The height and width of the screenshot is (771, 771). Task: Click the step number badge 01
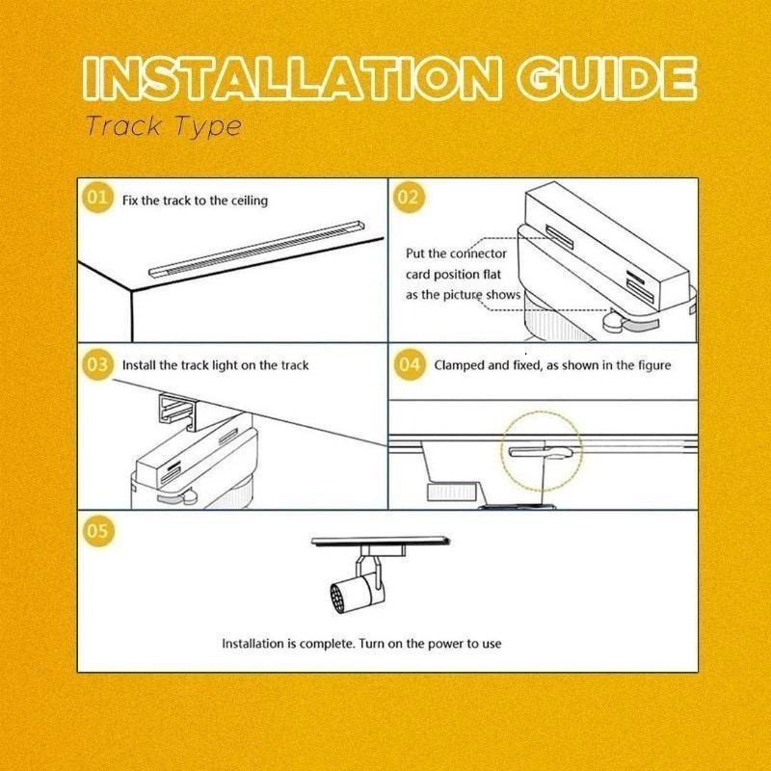point(97,198)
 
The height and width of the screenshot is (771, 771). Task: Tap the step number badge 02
point(409,198)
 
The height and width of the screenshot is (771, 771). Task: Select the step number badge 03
point(97,364)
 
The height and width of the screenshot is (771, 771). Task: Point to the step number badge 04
point(409,364)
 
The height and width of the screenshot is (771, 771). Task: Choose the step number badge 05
point(97,531)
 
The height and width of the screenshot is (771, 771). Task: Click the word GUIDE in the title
point(608,79)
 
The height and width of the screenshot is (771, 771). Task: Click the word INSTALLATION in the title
point(293,79)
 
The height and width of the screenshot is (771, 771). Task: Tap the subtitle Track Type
point(164,127)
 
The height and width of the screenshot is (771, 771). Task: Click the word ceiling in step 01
point(250,201)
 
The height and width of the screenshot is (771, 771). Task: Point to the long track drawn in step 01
point(256,249)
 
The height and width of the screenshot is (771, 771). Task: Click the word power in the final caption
point(445,644)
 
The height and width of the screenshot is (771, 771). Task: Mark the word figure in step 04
point(654,366)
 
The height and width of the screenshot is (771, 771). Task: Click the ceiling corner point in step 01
point(131,290)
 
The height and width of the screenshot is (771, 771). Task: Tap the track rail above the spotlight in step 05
point(381,541)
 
